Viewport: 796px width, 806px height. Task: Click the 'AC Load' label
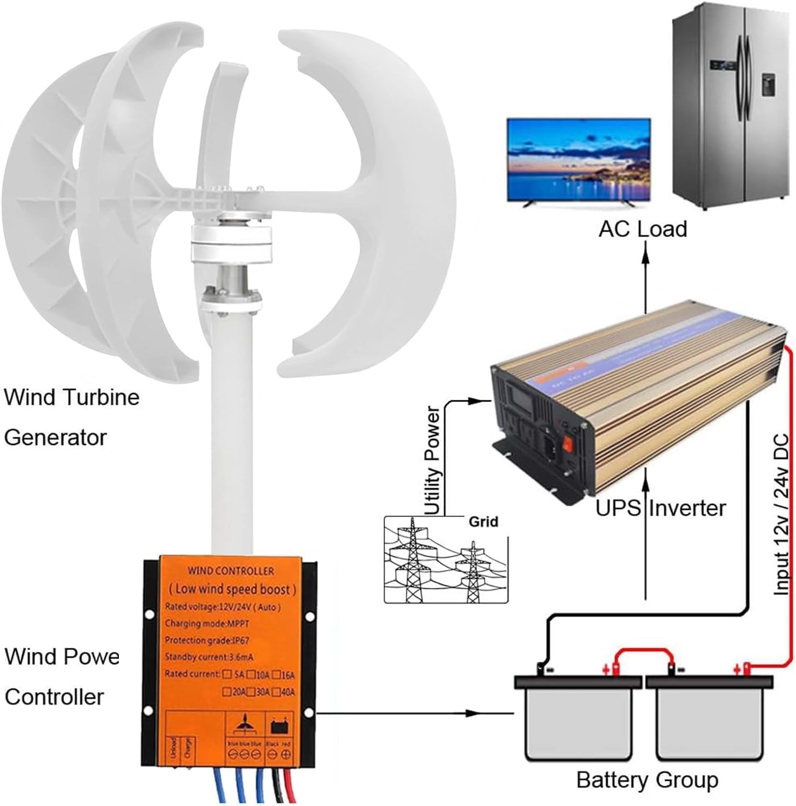pyautogui.click(x=642, y=228)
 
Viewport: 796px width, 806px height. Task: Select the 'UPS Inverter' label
pyautogui.click(x=660, y=508)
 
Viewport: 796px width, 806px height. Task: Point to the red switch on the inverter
pyautogui.click(x=568, y=443)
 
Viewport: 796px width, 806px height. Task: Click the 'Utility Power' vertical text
pyautogui.click(x=432, y=461)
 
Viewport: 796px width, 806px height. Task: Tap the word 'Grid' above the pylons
pyautogui.click(x=483, y=522)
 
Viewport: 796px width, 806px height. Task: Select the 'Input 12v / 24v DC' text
pyautogui.click(x=781, y=514)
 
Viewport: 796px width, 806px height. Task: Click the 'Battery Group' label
pyautogui.click(x=647, y=780)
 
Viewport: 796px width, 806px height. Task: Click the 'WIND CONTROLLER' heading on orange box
pyautogui.click(x=231, y=571)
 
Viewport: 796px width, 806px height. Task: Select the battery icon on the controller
pyautogui.click(x=279, y=726)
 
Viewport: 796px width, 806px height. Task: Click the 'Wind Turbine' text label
pyautogui.click(x=71, y=397)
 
